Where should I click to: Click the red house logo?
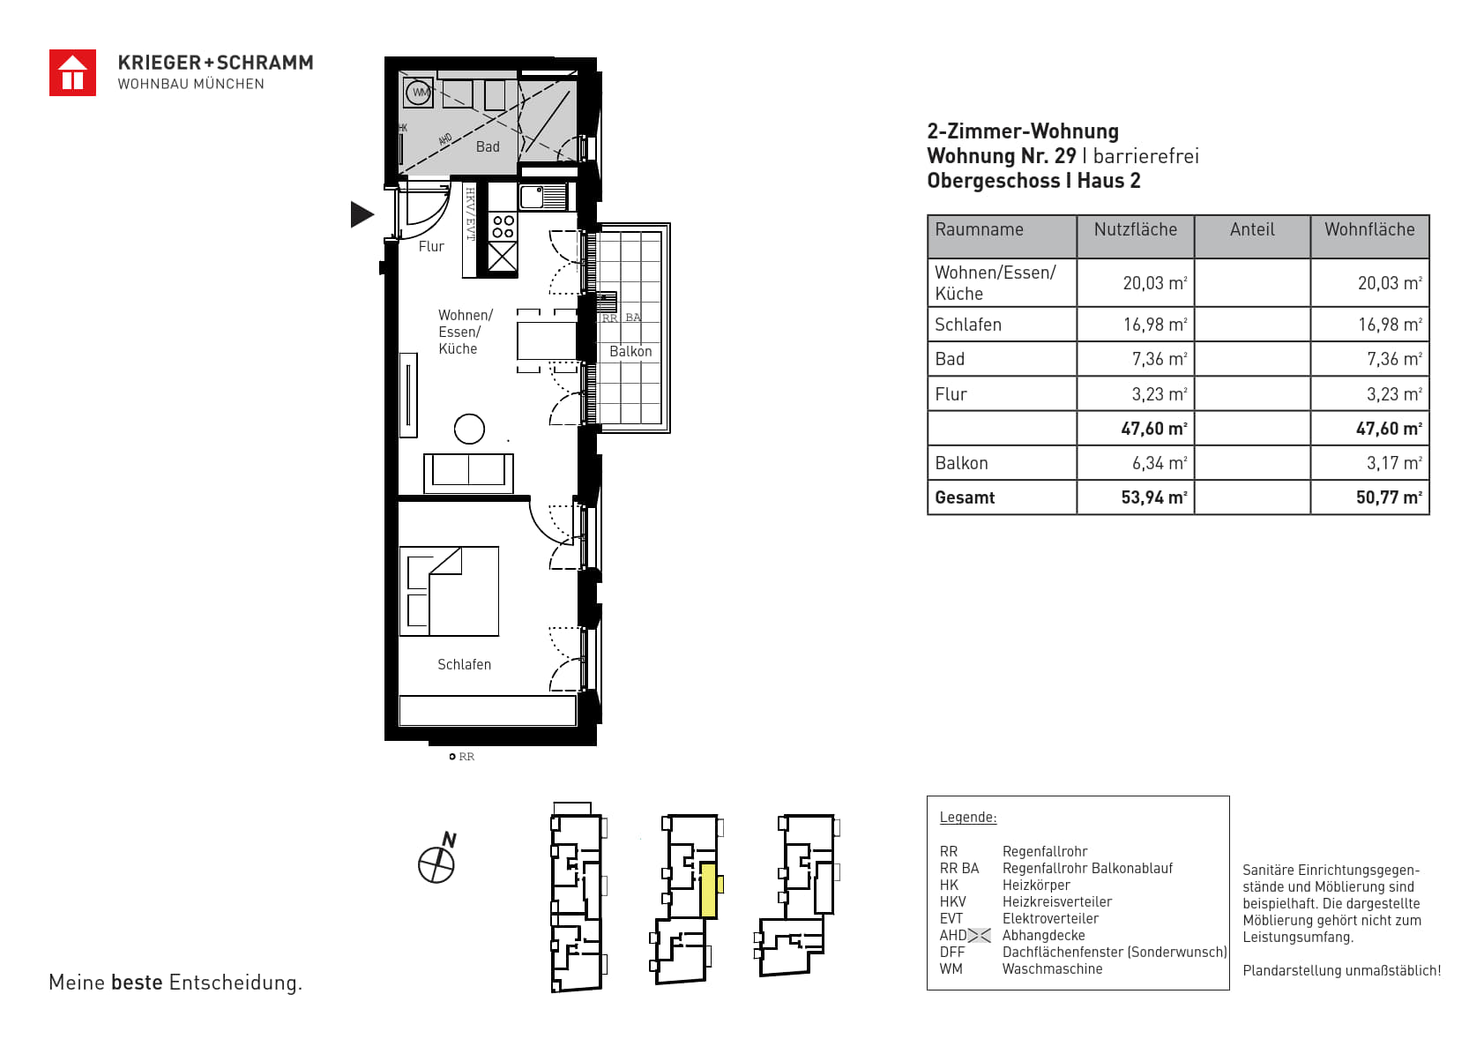[x=72, y=73]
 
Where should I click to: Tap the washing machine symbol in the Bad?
[x=419, y=93]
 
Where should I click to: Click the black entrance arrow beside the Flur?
[x=362, y=214]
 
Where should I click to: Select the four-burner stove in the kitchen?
[x=503, y=227]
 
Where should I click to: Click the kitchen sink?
[x=544, y=197]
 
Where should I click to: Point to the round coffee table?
[x=470, y=430]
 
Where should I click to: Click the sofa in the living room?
[x=468, y=473]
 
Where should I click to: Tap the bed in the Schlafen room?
[x=449, y=591]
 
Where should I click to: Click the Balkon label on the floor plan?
[x=630, y=352]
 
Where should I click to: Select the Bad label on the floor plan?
[x=488, y=147]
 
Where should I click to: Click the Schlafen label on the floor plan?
[x=465, y=664]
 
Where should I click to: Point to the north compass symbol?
[x=437, y=859]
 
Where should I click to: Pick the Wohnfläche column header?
[x=1369, y=229]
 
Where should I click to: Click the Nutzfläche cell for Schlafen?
[x=1155, y=325]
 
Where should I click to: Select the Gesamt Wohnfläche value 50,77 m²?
[x=1389, y=497]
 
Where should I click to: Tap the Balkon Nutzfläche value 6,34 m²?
[x=1160, y=463]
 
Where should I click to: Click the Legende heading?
[x=968, y=818]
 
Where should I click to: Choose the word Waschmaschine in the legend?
[x=1052, y=968]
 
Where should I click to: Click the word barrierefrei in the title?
[x=1145, y=156]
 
